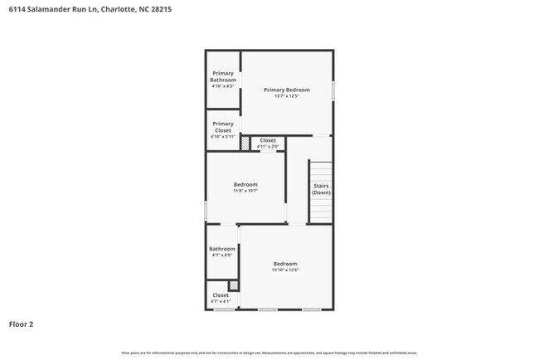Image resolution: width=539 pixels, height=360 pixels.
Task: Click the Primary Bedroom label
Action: click(286, 90)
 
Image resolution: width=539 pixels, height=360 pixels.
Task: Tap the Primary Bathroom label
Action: click(222, 76)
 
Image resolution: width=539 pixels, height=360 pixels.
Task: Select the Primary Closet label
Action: click(222, 127)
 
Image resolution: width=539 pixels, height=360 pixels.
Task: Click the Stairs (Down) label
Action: click(321, 190)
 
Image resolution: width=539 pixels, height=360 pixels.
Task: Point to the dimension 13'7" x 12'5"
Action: click(286, 96)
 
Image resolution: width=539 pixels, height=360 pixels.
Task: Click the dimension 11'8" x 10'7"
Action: click(245, 191)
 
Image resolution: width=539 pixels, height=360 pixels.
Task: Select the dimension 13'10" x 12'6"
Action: click(285, 270)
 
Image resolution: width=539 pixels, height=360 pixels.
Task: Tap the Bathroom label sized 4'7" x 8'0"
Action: click(221, 249)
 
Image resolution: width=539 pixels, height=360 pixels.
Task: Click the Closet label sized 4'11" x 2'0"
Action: click(268, 141)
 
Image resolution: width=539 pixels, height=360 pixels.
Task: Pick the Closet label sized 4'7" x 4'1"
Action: click(221, 295)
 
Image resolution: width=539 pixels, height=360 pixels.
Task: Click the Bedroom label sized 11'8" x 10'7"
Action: click(245, 184)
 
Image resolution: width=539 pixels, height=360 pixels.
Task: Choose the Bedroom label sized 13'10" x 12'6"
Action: click(285, 263)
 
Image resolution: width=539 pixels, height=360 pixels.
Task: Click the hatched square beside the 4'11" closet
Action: click(245, 144)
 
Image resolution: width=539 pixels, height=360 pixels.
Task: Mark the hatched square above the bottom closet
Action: click(234, 285)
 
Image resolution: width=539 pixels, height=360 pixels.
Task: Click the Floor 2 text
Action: click(22, 324)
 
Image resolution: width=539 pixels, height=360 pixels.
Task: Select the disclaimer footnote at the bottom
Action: click(269, 353)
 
